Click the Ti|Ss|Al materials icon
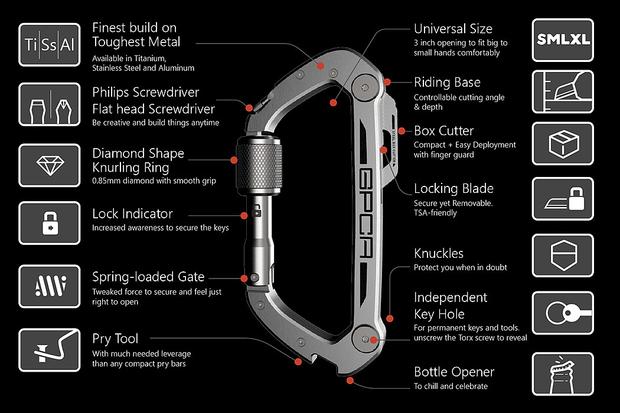[x=50, y=45]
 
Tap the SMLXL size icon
[x=563, y=40]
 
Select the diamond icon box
[x=50, y=165]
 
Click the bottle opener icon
[x=563, y=374]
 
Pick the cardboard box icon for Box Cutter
[x=563, y=143]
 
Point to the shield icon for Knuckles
[x=563, y=255]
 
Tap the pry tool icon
[x=50, y=350]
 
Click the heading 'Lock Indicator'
[x=132, y=214]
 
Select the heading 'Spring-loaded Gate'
[x=148, y=277]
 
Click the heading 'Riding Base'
[x=447, y=82]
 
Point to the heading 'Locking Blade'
[x=453, y=189]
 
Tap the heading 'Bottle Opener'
[x=454, y=372]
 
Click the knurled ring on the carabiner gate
[x=259, y=165]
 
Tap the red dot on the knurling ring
[x=234, y=160]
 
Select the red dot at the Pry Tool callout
[x=299, y=361]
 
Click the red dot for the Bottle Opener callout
[x=350, y=381]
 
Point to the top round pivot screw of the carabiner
[x=365, y=87]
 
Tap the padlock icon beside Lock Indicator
[x=50, y=223]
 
